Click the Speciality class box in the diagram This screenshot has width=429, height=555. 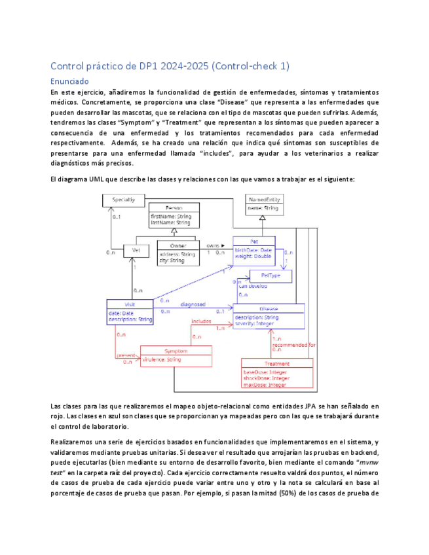124,199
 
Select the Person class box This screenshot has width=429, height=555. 174,216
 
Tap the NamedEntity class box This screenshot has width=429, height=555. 262,204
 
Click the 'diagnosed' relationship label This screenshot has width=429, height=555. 193,304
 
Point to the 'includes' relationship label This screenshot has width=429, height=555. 201,321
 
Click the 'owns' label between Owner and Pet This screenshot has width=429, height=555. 213,245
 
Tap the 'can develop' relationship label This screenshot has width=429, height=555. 252,287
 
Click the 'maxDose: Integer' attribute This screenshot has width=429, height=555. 265,385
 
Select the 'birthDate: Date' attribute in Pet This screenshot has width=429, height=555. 253,250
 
